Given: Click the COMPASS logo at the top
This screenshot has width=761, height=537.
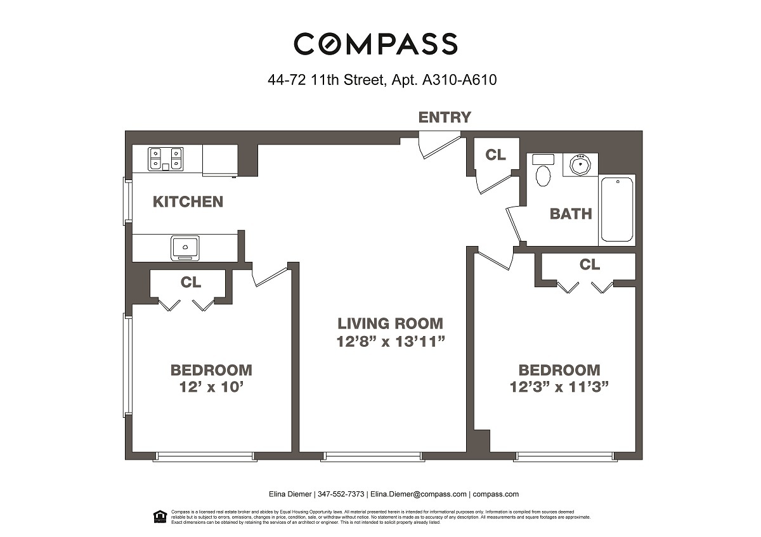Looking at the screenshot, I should (x=375, y=44).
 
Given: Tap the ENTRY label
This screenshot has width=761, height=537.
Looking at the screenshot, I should (x=445, y=117).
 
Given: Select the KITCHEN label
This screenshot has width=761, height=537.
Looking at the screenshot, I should (x=188, y=202).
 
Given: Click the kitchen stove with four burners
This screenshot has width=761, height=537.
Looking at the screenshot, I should (x=166, y=159).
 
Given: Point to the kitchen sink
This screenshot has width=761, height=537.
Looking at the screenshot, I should (x=185, y=247).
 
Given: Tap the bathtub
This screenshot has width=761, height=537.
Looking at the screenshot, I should (x=617, y=209).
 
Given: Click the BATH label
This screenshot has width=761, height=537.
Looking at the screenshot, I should (x=571, y=214).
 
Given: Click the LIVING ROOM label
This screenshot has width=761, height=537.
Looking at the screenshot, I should (x=390, y=323).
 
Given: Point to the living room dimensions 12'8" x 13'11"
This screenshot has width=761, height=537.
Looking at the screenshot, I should (x=390, y=342).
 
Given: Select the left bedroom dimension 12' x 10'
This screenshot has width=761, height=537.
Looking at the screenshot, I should (x=211, y=387).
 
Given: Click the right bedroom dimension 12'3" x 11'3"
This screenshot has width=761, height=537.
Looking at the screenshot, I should (x=559, y=387).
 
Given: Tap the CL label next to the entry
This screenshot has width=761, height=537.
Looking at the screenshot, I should (x=495, y=155).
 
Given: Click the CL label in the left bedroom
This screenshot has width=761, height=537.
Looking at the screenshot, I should (x=191, y=282).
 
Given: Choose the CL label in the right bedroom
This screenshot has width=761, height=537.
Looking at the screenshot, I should (x=589, y=264).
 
